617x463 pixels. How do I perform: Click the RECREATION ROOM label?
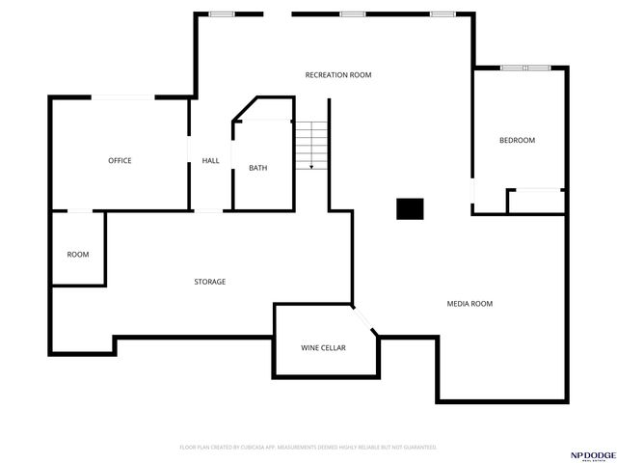tap(338, 75)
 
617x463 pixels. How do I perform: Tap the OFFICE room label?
tap(120, 160)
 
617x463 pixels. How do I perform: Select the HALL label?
tap(210, 160)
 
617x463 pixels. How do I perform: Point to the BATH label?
tap(258, 168)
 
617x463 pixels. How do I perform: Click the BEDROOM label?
tap(517, 141)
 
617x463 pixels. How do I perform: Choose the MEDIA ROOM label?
tap(469, 304)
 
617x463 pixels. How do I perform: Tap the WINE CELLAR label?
tap(323, 347)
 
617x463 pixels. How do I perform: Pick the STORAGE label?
tap(210, 282)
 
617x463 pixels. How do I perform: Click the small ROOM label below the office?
tap(78, 255)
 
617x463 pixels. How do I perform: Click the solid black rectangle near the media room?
tap(410, 208)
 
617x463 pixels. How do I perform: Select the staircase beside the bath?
tap(311, 147)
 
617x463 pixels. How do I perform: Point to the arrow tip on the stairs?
tap(311, 169)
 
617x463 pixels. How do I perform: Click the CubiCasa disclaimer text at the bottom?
tap(308, 448)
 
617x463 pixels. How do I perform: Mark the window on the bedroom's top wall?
tap(525, 68)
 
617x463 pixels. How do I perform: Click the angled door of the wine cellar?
tap(364, 320)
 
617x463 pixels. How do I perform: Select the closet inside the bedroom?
tap(536, 201)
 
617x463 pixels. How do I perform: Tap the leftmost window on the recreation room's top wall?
tap(223, 14)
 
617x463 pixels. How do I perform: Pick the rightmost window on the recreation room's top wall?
tap(443, 14)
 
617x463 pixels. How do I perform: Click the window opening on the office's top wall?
tap(121, 97)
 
